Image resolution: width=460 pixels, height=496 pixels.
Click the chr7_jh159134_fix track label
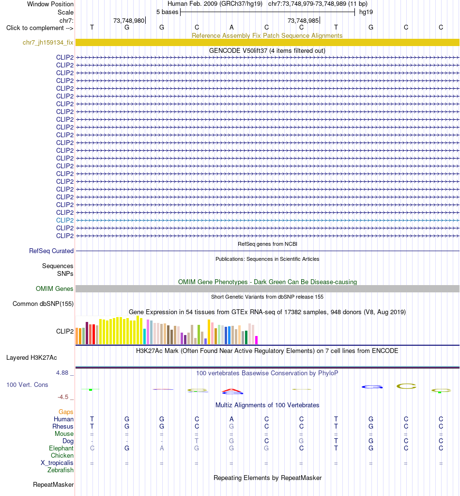click(x=48, y=42)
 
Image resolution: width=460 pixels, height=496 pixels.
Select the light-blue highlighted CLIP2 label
click(x=65, y=220)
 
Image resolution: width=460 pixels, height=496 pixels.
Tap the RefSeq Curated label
click(x=51, y=251)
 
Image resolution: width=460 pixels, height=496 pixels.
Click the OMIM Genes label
click(x=54, y=288)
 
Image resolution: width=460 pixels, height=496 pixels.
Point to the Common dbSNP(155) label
click(x=43, y=304)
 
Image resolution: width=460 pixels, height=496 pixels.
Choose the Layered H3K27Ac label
click(x=31, y=357)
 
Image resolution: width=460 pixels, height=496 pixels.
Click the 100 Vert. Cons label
click(x=27, y=384)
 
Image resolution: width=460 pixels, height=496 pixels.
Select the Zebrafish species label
click(x=61, y=470)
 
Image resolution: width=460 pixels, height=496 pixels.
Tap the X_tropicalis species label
click(x=57, y=463)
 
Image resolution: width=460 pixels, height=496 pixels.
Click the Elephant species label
click(x=61, y=448)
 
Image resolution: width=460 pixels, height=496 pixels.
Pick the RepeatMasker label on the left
click(x=53, y=485)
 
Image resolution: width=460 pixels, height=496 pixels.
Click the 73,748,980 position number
click(x=129, y=20)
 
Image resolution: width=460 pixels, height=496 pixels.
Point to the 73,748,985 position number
click(x=303, y=20)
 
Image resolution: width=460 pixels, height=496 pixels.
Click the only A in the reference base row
click(x=231, y=27)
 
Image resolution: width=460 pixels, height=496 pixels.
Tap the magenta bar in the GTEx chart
click(x=257, y=340)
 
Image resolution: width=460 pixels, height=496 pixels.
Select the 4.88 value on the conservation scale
click(x=62, y=373)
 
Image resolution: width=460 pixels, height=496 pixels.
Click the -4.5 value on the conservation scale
click(x=63, y=397)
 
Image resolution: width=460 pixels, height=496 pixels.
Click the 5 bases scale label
click(x=167, y=12)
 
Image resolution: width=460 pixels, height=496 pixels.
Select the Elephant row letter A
click(x=162, y=448)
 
